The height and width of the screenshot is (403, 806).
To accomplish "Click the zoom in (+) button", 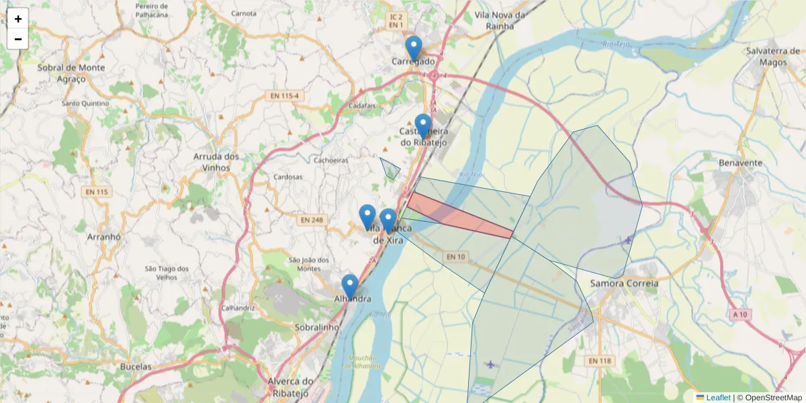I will [x=18, y=19].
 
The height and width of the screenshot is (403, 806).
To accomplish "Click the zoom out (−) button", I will [x=18, y=39].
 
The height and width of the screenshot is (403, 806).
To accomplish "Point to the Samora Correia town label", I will [x=624, y=283].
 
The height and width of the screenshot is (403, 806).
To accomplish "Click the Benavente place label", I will [x=740, y=163].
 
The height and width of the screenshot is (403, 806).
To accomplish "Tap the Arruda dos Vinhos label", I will [x=216, y=161].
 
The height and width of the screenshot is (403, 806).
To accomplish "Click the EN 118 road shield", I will [x=600, y=361].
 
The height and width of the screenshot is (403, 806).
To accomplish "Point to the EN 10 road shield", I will [x=455, y=257].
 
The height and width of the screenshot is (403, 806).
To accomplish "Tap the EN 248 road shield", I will [x=312, y=220].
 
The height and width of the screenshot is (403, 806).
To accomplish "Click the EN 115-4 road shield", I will [x=284, y=97].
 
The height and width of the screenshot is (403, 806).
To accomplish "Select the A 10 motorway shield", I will [x=740, y=314].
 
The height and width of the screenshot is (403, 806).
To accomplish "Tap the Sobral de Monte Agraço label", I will [x=72, y=73].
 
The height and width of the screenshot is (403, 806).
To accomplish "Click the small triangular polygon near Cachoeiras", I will [x=390, y=169].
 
